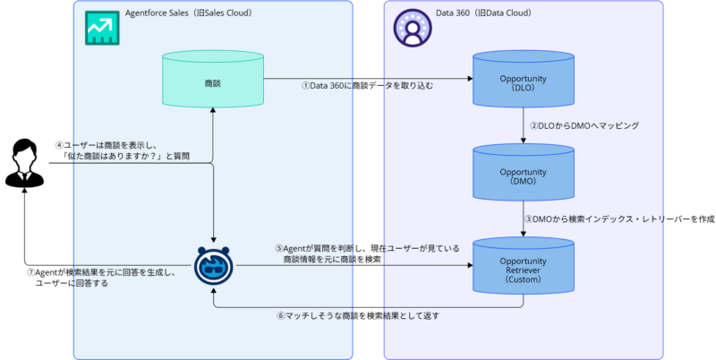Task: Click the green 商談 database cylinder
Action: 212,82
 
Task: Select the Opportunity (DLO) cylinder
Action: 523,82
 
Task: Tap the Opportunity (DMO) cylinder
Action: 523,174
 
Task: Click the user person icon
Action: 25,166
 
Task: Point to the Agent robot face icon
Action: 213,266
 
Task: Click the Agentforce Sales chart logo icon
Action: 100,29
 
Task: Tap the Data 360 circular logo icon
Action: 411,29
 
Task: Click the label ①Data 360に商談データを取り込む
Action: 368,86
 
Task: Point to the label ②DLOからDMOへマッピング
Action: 584,126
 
